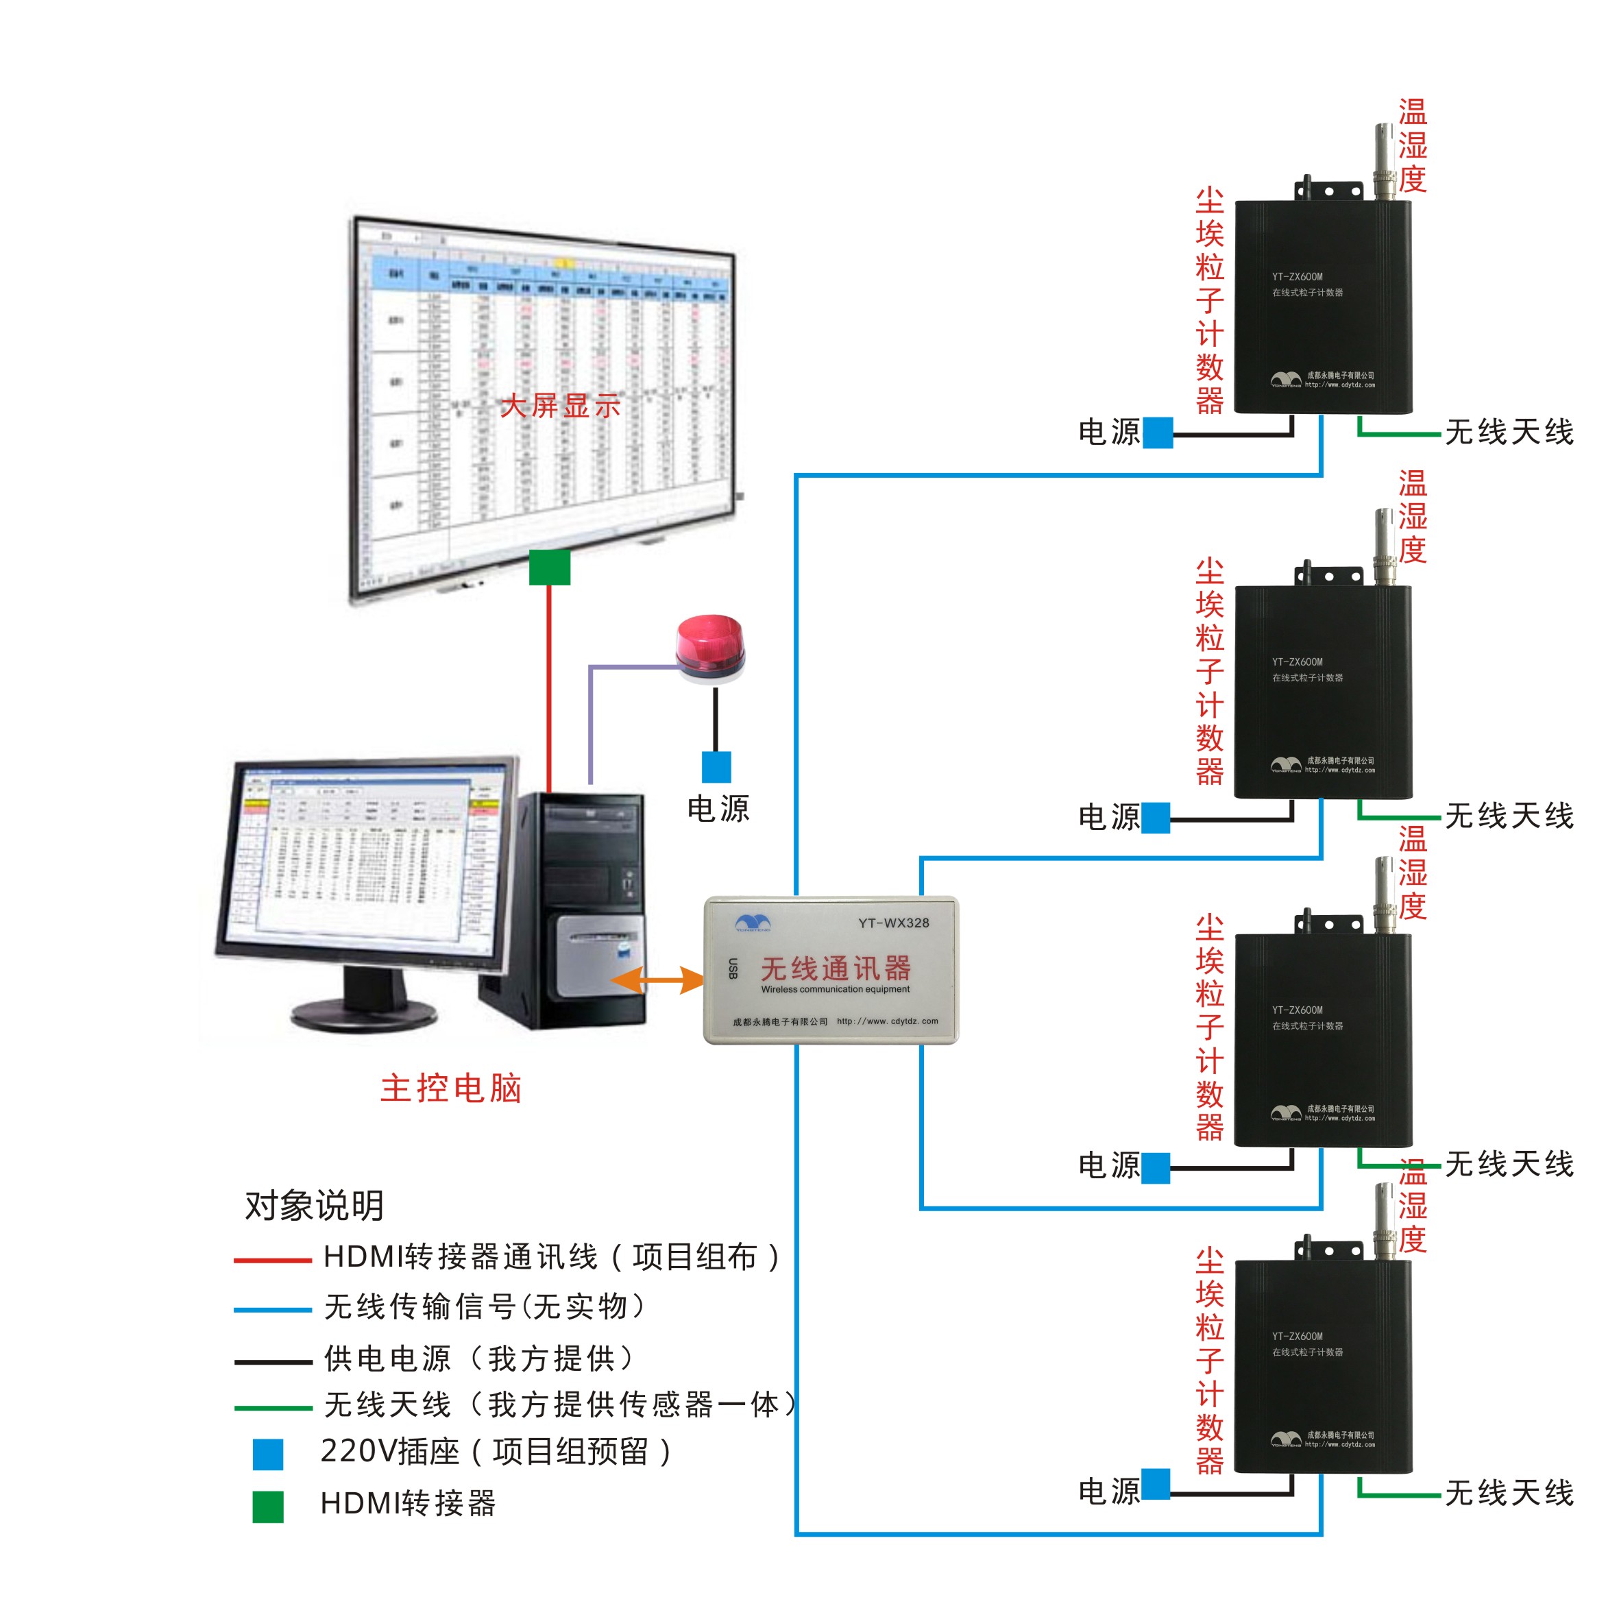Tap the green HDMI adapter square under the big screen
pos(550,568)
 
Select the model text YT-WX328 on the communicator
pos(893,923)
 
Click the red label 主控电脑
pos(451,1088)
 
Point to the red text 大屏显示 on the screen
pos(560,406)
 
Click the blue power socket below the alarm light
pos(716,767)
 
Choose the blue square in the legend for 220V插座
pos(268,1454)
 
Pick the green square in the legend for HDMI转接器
pos(268,1506)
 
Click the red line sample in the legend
pos(272,1260)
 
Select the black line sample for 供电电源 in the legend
pos(272,1363)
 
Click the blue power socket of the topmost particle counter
pos(1157,433)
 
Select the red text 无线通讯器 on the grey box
pos(836,969)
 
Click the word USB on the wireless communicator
pos(733,969)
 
